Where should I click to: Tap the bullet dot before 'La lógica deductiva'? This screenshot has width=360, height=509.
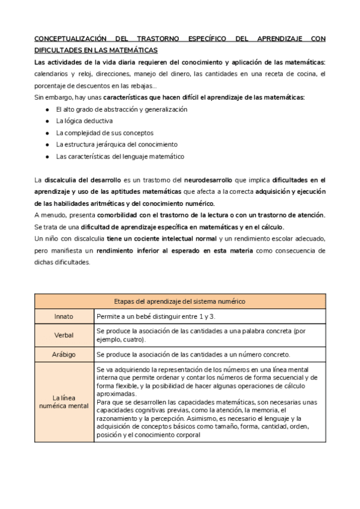click(x=47, y=121)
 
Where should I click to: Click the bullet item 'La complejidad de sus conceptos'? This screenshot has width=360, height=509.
click(x=104, y=133)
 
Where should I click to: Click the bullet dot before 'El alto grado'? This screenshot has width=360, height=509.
click(x=47, y=109)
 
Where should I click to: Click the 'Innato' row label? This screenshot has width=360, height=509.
click(x=64, y=316)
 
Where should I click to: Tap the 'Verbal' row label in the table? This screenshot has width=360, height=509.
click(x=64, y=335)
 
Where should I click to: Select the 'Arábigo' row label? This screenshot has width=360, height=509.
click(x=64, y=354)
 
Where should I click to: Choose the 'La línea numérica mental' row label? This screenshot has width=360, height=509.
click(x=64, y=402)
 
